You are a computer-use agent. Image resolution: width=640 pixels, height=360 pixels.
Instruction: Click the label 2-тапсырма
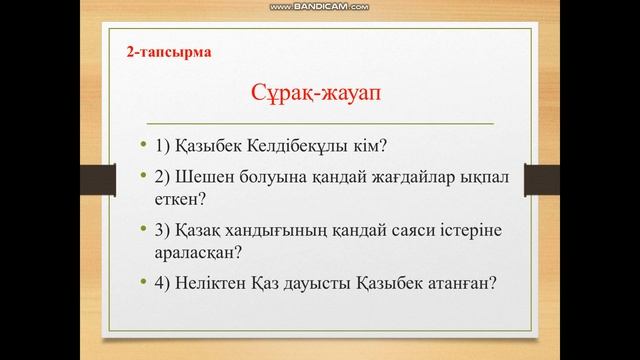tap(169, 49)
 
